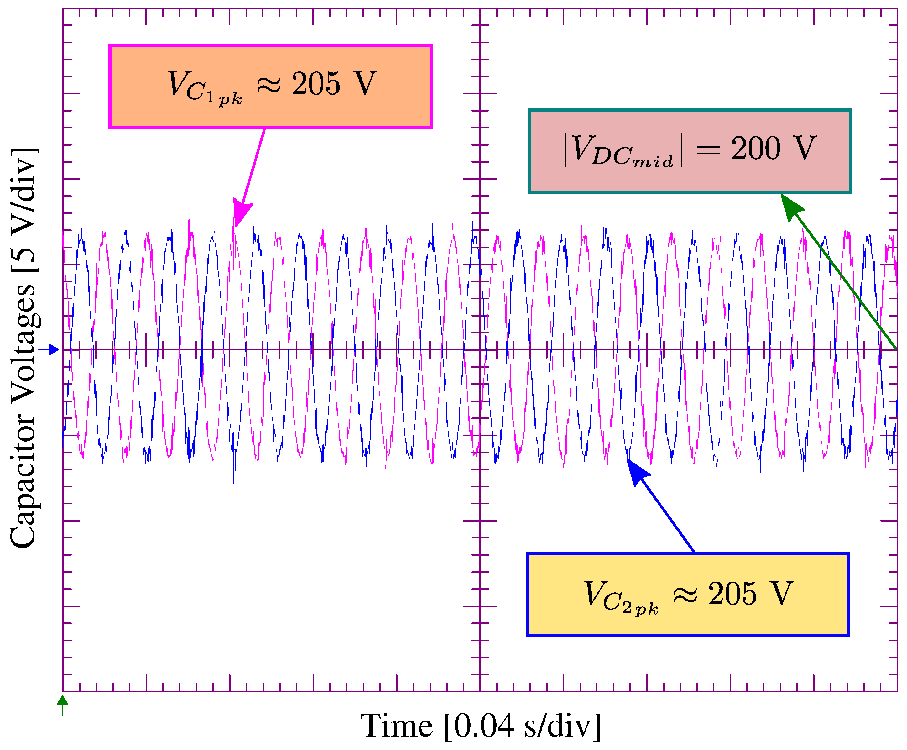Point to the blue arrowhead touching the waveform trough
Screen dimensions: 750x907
[x=637, y=471]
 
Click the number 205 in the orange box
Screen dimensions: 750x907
[x=316, y=83]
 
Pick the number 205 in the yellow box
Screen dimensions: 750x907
[x=732, y=594]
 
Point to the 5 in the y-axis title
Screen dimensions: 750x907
[x=24, y=260]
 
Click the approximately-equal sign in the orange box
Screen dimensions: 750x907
[x=268, y=85]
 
